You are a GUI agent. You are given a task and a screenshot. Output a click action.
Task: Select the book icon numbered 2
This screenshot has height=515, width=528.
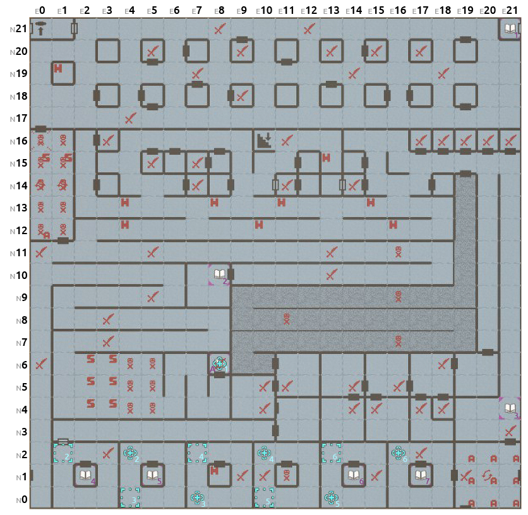[219, 274]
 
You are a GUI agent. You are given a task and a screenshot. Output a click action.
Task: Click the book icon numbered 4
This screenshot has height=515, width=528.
[85, 475]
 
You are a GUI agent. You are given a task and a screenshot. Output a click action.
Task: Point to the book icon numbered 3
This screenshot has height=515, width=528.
[510, 408]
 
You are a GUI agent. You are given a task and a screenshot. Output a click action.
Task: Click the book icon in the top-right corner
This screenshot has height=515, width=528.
[510, 28]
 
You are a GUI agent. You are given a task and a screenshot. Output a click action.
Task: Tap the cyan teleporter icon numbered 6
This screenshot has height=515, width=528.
[398, 452]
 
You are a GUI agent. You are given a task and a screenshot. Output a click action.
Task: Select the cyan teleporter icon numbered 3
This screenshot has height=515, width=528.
[196, 497]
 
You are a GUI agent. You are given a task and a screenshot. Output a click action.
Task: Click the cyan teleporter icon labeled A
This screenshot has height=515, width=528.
[219, 363]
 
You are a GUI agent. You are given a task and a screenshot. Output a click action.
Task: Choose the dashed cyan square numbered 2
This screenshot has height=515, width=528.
[63, 453]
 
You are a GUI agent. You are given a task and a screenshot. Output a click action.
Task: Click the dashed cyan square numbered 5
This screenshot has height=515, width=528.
[264, 497]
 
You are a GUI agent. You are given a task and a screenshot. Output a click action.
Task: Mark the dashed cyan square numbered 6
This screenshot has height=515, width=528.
[331, 453]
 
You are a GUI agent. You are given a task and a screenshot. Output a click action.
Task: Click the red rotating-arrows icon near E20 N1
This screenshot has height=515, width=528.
[487, 475]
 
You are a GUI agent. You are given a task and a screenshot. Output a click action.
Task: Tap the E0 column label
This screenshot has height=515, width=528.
[40, 11]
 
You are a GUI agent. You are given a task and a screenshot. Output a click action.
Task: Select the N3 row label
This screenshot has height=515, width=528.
[20, 432]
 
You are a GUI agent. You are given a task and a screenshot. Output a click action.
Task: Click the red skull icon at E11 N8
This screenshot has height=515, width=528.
[286, 319]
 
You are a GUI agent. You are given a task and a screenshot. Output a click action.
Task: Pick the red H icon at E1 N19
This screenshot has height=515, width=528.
[58, 68]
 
